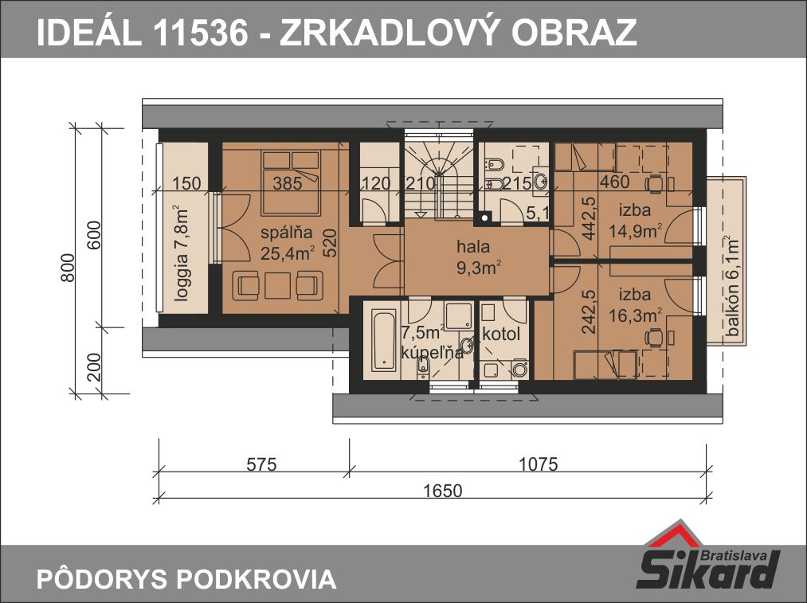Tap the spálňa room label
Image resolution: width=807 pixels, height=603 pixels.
coord(286,233)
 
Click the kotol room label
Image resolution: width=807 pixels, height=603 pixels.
coord(501,334)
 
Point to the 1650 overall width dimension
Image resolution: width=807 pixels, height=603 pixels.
coord(443,491)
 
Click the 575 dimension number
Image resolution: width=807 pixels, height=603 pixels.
coord(261,464)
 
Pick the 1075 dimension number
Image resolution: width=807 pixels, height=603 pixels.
coord(538,464)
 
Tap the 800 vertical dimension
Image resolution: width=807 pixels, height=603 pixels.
coord(68,267)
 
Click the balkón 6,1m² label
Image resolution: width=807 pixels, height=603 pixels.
coord(732,286)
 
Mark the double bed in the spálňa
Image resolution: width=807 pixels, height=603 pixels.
coord(292,182)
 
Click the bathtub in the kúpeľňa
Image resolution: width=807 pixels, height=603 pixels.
coord(385,339)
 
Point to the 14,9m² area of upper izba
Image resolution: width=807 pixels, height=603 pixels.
coord(636,231)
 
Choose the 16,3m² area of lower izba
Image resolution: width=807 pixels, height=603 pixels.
coord(636,315)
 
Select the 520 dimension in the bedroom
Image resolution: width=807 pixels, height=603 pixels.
coord(330,242)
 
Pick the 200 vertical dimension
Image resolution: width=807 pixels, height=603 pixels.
coord(94,367)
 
